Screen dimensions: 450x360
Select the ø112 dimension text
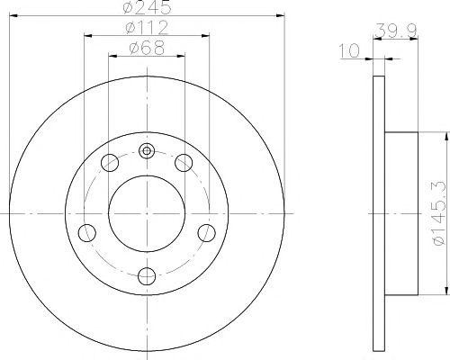(147, 28)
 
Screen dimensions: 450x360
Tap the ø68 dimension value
(147, 48)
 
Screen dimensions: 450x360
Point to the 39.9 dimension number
(396, 30)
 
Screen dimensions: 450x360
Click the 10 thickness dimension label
(349, 50)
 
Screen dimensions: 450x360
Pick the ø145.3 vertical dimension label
(439, 214)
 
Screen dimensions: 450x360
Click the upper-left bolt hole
(110, 163)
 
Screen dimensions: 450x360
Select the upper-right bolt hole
(184, 163)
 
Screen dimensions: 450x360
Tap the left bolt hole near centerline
(87, 233)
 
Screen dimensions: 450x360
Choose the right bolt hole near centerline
(207, 233)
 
